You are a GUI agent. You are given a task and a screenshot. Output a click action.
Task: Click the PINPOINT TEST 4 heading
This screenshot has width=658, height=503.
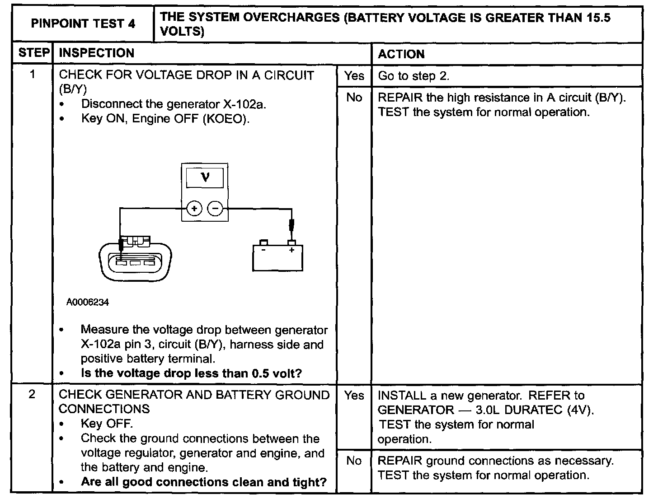pos(83,24)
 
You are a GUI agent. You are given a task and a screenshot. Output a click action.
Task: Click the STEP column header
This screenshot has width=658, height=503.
pos(33,53)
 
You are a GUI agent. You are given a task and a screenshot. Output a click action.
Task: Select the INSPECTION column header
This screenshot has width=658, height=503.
pos(97,53)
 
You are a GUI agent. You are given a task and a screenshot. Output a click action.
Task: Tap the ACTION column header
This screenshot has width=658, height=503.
pos(401,54)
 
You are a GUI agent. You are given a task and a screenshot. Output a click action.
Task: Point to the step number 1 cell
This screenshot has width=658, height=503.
pos(33,75)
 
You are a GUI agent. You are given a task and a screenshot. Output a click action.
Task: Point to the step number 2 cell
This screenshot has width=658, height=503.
pos(32,395)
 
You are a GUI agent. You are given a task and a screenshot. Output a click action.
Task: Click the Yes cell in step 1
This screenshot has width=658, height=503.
pos(354,76)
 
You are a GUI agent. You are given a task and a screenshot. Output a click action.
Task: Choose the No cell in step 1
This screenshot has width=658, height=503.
pos(354,98)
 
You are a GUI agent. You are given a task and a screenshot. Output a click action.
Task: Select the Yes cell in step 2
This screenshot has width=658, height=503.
pos(354,396)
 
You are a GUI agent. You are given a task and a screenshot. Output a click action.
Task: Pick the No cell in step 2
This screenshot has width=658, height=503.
pos(354,461)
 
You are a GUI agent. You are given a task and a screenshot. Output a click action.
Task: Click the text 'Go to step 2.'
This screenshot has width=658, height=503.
pos(414,76)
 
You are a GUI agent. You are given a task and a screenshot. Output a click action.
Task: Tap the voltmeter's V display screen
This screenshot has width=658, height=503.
pos(205,177)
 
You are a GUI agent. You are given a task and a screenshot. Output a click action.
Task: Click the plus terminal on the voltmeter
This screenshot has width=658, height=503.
pos(194,209)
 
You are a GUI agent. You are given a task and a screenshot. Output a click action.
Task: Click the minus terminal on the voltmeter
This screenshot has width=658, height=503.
pos(215,209)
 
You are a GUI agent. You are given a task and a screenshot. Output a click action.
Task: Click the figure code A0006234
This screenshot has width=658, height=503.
pos(88,303)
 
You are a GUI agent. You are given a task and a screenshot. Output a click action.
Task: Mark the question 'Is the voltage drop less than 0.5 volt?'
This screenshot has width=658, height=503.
pos(191,373)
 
